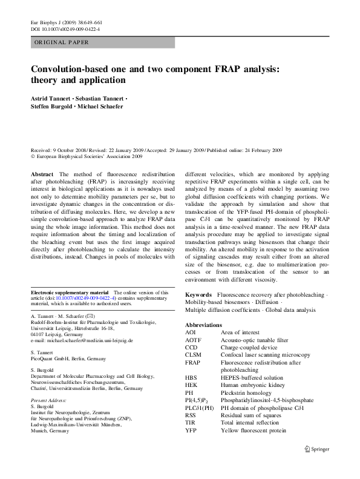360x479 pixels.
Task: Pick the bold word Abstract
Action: [42, 174]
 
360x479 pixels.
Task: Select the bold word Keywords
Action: [198, 294]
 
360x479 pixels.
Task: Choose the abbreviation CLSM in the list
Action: [194, 354]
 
